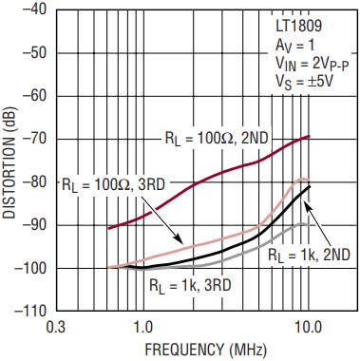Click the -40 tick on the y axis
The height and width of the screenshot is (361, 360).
click(34, 9)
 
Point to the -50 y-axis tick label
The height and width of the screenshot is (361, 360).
click(34, 52)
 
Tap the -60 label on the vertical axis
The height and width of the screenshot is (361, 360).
click(34, 96)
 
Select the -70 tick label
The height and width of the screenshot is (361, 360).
click(34, 139)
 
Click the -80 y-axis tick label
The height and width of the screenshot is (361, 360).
click(34, 181)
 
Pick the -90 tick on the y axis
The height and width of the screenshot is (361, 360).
click(34, 225)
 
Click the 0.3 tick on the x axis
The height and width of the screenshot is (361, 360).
click(56, 328)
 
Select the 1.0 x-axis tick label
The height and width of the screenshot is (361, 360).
click(143, 328)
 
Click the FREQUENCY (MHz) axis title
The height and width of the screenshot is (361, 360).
click(206, 350)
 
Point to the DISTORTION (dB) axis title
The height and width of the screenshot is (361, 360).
click(9, 162)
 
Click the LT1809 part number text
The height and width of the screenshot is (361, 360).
click(298, 27)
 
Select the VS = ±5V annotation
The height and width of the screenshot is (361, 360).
click(304, 83)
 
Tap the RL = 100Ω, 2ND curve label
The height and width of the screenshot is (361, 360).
click(217, 139)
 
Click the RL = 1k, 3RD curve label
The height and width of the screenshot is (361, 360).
click(190, 286)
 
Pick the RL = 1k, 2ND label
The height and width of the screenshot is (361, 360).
click(310, 255)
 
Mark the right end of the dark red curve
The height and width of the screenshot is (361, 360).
click(309, 136)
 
